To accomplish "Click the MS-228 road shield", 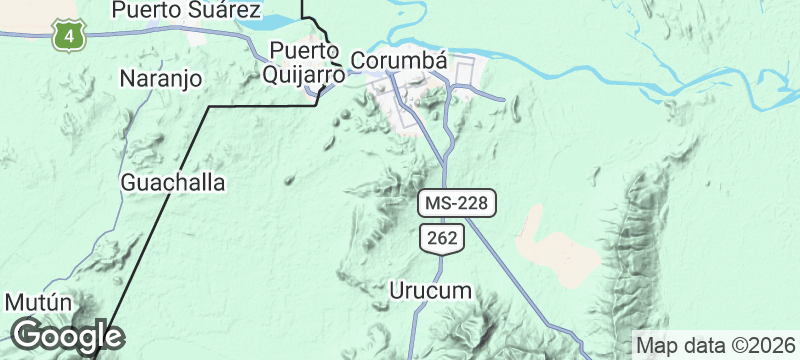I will [x=456, y=202].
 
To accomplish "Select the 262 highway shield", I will [x=440, y=237].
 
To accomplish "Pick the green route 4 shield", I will [x=68, y=36].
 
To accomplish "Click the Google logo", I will [x=66, y=336].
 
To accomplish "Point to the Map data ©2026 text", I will [x=715, y=344].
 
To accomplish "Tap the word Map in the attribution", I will [x=655, y=344].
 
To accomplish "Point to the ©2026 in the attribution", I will [x=765, y=344].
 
